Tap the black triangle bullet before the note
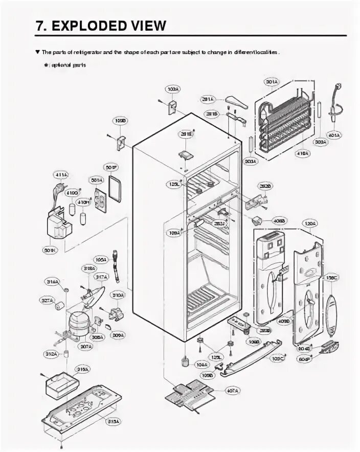pos(37,52)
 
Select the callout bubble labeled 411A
pos(60,176)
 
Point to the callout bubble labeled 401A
pos(334,135)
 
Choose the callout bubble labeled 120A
pos(309,223)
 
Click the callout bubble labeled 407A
pos(232,391)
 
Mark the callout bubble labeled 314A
pos(52,282)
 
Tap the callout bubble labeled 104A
pos(201,365)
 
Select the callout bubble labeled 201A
pos(208,99)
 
